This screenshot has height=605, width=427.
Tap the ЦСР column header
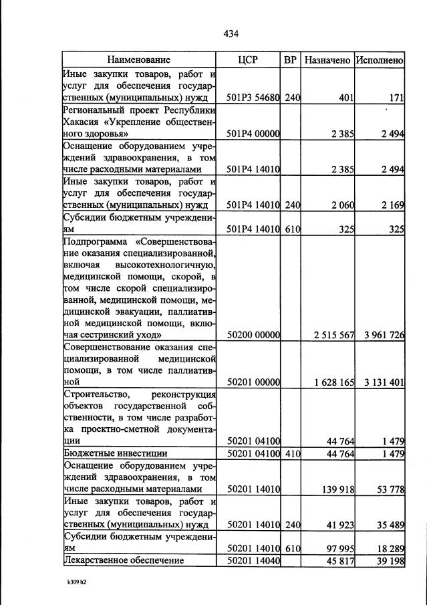click(x=248, y=60)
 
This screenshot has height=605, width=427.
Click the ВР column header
click(x=290, y=60)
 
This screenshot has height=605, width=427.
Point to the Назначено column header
click(x=327, y=60)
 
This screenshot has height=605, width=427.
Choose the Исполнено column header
click(x=379, y=60)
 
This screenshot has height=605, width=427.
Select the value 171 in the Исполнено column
click(x=396, y=98)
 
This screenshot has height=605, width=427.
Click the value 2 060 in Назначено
click(x=341, y=205)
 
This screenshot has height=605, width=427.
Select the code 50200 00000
click(x=253, y=335)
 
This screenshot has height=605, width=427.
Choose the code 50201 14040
click(x=253, y=560)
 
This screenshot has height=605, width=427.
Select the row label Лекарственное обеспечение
click(x=122, y=560)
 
